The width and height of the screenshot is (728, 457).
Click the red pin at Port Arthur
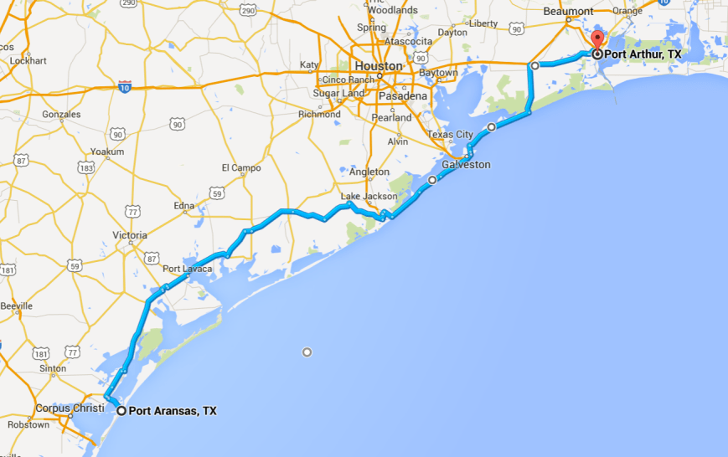point(597,42)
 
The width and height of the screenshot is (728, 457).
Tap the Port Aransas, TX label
point(173,411)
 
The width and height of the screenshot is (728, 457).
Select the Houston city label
point(379,65)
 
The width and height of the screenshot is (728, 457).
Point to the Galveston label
point(466,165)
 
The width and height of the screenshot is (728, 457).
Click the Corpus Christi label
point(70,408)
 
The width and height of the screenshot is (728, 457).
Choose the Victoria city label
point(130,235)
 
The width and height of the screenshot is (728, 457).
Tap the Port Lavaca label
point(187,269)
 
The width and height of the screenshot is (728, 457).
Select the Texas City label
point(451,134)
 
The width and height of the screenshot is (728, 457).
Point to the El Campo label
point(241,167)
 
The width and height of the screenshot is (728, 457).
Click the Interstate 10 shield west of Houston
point(124,86)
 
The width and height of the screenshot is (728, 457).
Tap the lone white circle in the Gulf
point(307,352)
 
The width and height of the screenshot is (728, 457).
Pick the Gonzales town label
point(61,115)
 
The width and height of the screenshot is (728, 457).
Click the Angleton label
point(369,172)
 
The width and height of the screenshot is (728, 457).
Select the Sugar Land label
point(338,93)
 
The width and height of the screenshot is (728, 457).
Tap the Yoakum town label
point(108,151)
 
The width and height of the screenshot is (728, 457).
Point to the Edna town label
point(183,206)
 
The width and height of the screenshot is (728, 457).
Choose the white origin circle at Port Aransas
point(121,410)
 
